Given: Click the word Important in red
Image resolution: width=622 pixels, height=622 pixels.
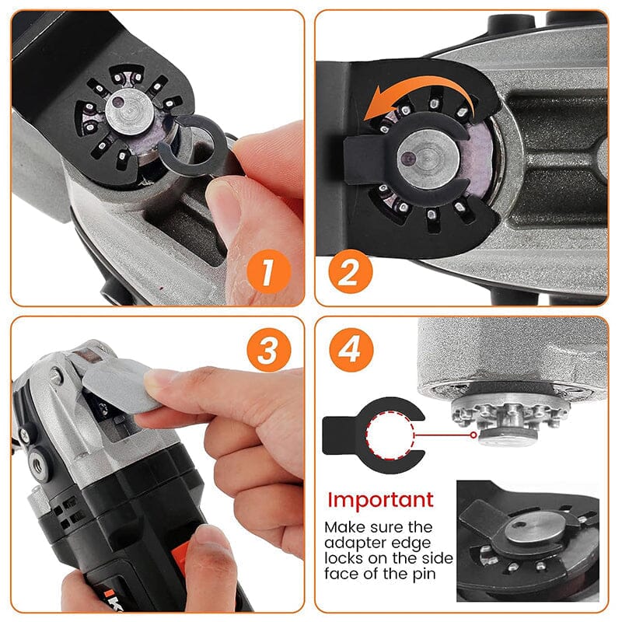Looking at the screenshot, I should tap(380, 499).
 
